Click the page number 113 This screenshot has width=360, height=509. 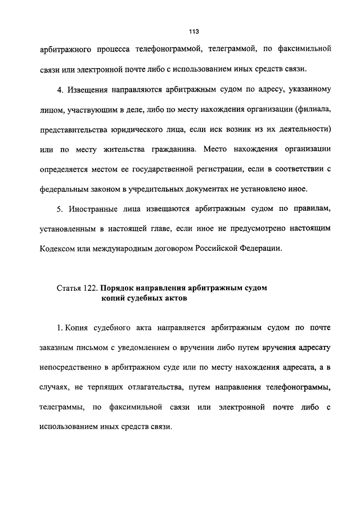[x=195, y=31]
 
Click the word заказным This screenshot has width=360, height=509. [x=57, y=348]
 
